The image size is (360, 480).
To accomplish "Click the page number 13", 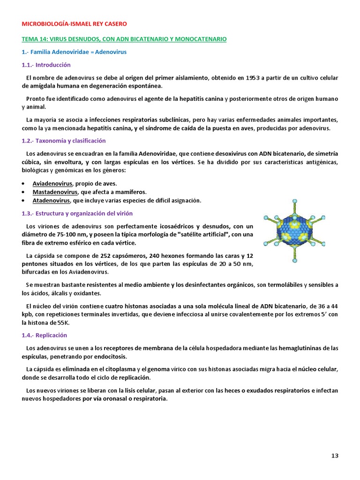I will pos(335,456).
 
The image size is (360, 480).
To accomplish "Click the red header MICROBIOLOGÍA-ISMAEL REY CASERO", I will pos(74,23).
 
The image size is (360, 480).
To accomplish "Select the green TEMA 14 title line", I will pos(124,39).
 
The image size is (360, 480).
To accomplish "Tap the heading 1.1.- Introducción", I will pos(46,65).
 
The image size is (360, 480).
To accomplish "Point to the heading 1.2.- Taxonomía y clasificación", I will pos(64,141).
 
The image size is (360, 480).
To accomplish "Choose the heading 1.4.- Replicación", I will pos(45,335).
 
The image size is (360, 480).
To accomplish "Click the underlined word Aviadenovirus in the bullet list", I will pos(52,183).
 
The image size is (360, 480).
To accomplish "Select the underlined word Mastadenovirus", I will pos(54,192).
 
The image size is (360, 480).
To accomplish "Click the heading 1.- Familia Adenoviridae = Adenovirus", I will pos(74,52).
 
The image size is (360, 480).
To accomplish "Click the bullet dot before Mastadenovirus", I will pos(24,193).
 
